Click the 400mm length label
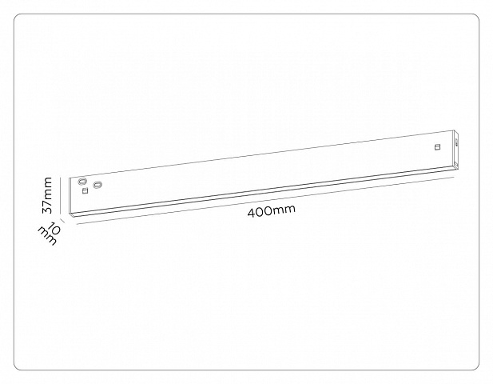[272, 211]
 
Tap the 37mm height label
[47, 195]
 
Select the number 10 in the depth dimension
[54, 228]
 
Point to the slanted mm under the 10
[47, 236]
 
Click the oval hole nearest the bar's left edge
[82, 182]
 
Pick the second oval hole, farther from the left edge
[97, 185]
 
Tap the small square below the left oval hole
[85, 190]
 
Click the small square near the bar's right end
[437, 146]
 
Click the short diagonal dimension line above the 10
[62, 221]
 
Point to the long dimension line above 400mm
[265, 201]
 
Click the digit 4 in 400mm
[251, 213]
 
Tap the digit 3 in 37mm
[47, 210]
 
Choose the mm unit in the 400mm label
[284, 210]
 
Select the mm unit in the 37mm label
[48, 188]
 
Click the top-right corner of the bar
[454, 130]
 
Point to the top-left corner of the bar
[70, 178]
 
